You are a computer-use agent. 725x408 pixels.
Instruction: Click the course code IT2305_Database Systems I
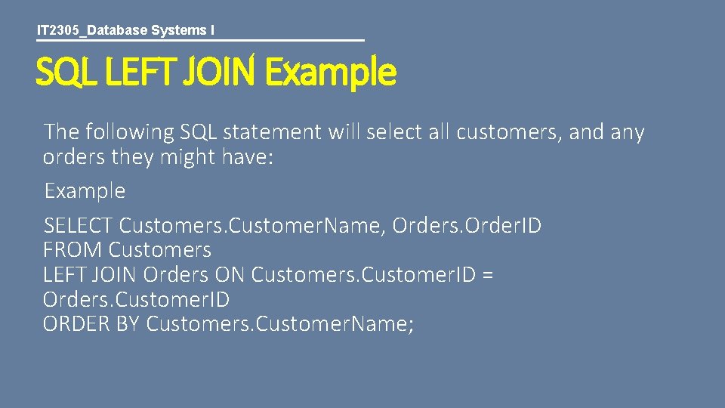click(x=125, y=30)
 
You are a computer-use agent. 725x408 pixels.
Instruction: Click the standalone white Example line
click(x=85, y=191)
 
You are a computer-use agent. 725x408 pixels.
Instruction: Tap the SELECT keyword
click(x=79, y=225)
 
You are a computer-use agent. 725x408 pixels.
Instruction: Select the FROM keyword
click(x=73, y=250)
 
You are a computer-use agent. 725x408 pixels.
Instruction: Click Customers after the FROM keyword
click(x=160, y=250)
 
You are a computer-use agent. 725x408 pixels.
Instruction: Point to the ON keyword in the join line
click(x=230, y=275)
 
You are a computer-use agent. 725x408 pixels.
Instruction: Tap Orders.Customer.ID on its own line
click(x=136, y=300)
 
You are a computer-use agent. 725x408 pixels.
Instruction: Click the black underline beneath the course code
click(x=200, y=40)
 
